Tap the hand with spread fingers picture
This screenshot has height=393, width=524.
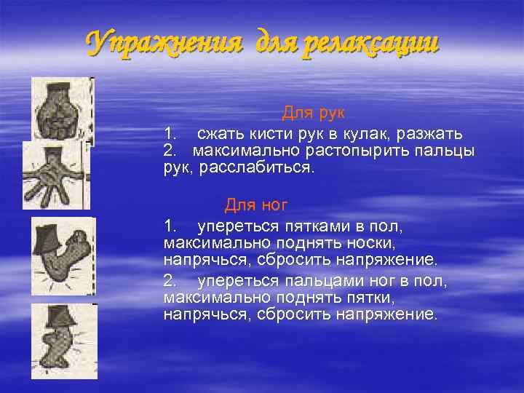[55, 175]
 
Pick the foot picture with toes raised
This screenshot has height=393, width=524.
[63, 255]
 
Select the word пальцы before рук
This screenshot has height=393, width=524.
[443, 151]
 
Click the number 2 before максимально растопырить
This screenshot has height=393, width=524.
[170, 151]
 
